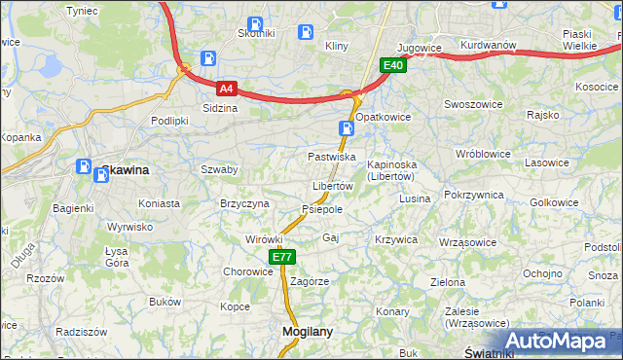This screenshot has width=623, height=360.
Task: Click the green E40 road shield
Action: [392, 65]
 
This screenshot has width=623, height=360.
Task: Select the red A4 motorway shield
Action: [226, 88]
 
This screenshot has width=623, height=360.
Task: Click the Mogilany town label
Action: [307, 331]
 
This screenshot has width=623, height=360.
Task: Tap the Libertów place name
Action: [332, 186]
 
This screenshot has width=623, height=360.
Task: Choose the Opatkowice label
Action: [383, 116]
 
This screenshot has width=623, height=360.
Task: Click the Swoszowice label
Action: [472, 104]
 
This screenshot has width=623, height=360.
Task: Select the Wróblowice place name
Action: [483, 154]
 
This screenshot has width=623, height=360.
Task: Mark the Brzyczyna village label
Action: [244, 203]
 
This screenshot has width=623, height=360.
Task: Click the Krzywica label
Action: [396, 239]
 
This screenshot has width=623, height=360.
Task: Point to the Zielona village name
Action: [448, 282]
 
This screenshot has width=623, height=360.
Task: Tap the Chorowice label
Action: [248, 271]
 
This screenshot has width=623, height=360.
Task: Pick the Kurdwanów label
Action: [488, 46]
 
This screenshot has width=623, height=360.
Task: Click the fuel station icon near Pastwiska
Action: [347, 127]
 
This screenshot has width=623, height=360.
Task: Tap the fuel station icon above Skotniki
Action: [255, 24]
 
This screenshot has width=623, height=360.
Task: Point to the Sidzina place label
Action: [220, 108]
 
